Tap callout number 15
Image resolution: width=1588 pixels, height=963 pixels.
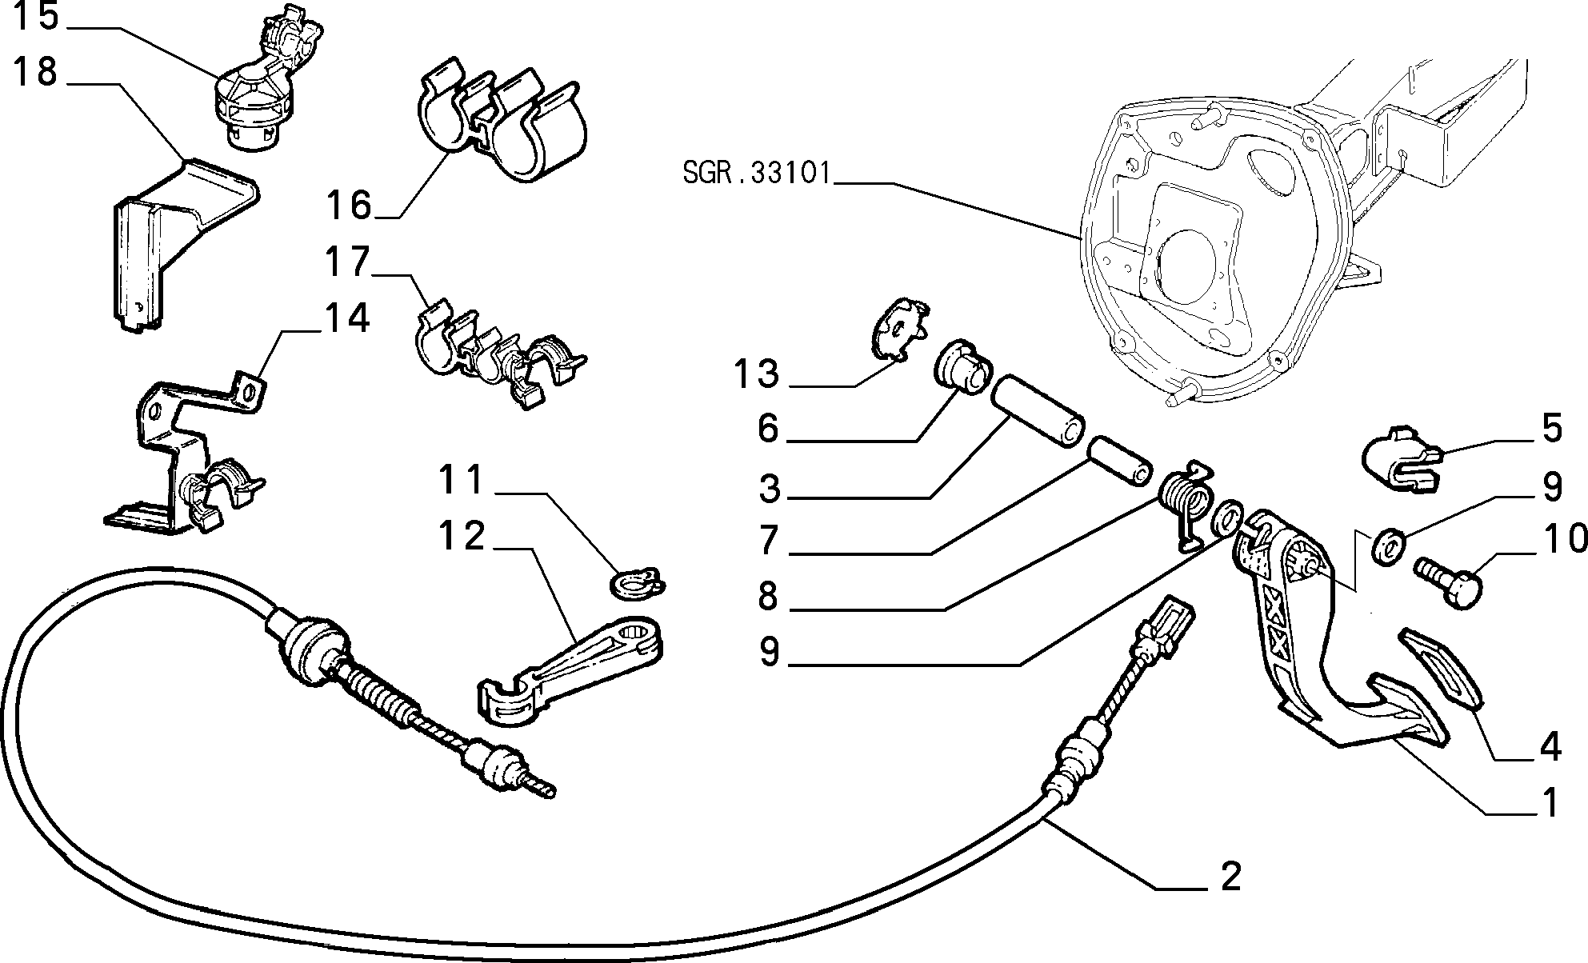click(x=38, y=17)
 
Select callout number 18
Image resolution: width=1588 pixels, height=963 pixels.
click(x=36, y=73)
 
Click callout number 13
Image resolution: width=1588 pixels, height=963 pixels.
click(x=756, y=374)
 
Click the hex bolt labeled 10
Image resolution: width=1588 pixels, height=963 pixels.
click(x=1448, y=583)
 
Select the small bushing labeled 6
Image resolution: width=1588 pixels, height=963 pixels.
click(x=962, y=369)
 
